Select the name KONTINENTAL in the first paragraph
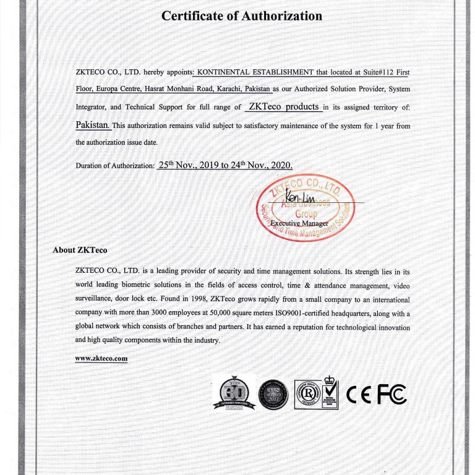[230, 72]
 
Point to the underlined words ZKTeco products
[283, 106]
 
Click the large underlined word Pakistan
[93, 124]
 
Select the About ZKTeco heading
[80, 250]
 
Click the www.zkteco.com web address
[101, 358]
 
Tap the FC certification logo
[392, 394]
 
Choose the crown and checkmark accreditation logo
[330, 392]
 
